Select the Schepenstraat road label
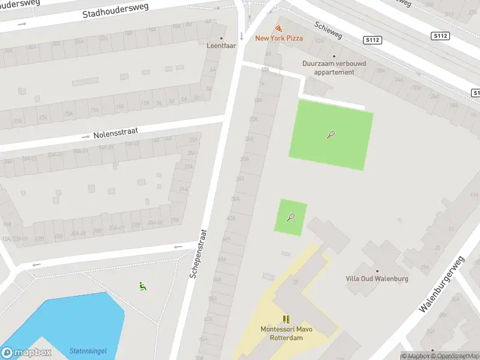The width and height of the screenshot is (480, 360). (198, 253)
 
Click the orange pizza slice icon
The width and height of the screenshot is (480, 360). (278, 28)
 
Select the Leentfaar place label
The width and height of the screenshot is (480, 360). (221, 46)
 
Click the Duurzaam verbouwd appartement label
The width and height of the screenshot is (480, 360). (334, 67)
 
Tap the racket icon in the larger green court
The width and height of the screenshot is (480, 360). (331, 134)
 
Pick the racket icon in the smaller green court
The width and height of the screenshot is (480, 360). (291, 217)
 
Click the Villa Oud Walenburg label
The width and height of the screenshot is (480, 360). (377, 278)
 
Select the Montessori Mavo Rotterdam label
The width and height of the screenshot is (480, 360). (286, 334)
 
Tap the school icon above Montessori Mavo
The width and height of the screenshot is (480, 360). (286, 319)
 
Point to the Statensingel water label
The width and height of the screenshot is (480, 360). (88, 350)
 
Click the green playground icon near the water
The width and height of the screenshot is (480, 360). (142, 286)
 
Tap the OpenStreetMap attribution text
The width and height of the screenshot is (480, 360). (455, 356)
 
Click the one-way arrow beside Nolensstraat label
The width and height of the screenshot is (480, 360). (86, 137)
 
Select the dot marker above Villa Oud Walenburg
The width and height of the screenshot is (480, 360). (377, 271)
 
